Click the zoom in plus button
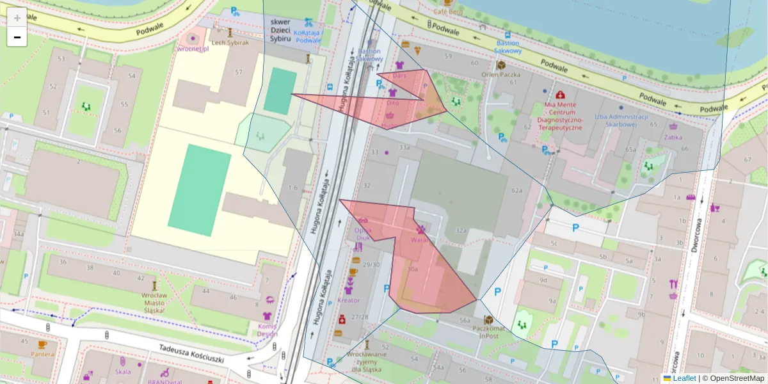coord(17,18)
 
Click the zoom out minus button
coord(17,37)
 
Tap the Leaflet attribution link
coord(684,378)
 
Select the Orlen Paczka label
coord(502,74)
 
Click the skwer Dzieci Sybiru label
coord(280,29)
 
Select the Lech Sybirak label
coord(230,42)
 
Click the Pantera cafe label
coord(42,353)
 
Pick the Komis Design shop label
coord(268,329)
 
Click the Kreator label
coord(348,300)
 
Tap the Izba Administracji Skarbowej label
coord(621,121)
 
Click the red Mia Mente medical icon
coord(561,95)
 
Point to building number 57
coord(239,72)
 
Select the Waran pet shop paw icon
coord(421,230)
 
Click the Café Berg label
coord(448,12)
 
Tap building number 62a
coord(517,191)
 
